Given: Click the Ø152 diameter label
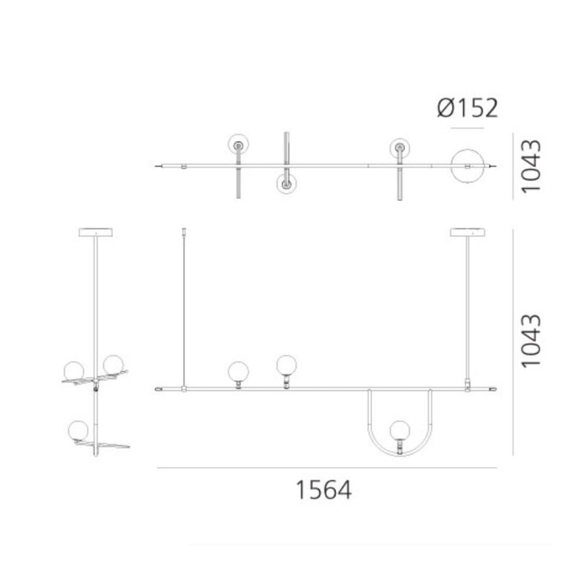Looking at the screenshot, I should pos(467,108).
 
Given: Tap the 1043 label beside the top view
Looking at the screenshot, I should pos(532,166).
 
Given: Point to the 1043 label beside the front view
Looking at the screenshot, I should pos(532,341).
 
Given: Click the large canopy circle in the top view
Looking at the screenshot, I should pos(469,167).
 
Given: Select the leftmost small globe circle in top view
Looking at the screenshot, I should pos(238,146).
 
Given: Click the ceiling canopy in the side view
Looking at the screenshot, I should pos(95,233).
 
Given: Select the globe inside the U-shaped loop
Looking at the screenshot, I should pos(399,430).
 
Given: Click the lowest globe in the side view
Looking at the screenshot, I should pos(76,429).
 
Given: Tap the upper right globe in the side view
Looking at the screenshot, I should pos(112,364).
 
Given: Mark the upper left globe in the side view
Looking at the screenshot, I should pos(75,370).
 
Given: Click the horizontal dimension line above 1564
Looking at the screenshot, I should pos(326,468).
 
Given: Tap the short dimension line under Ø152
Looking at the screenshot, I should pos(469,129).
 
